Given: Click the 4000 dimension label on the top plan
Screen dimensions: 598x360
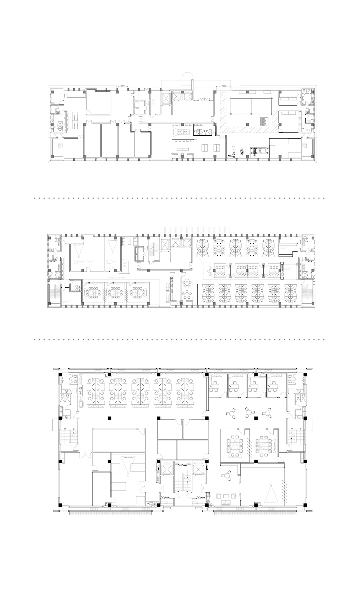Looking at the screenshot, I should pos(224,86).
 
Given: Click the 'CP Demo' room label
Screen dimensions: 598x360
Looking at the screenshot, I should pos(110,261).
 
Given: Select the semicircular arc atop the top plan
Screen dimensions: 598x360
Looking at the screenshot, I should pos(187,77).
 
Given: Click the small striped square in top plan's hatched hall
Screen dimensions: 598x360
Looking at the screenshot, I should pos(265,121).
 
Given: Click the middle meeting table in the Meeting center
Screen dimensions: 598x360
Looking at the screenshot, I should pos(113,291).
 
